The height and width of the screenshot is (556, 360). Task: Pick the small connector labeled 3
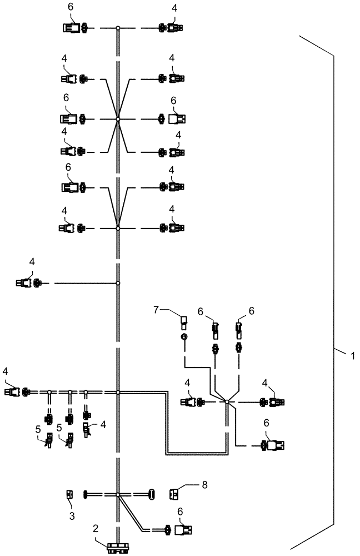coord(70,494)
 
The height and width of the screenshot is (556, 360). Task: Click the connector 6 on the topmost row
coord(71,28)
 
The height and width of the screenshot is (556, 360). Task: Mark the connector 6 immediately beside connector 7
coord(216,331)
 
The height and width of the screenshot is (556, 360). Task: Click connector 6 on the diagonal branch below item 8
coord(181,530)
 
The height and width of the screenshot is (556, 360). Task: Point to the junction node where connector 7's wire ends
coord(227,401)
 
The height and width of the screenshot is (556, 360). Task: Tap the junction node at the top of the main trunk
coord(118,28)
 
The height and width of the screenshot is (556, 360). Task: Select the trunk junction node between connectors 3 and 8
coord(118,494)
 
